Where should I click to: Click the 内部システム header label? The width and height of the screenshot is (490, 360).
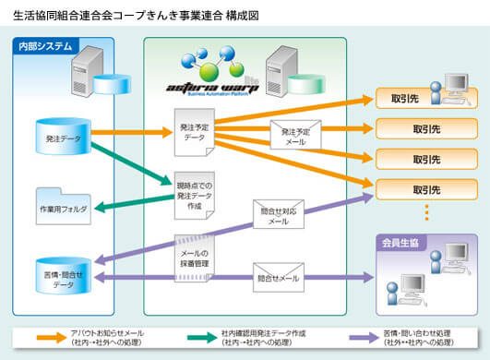click(x=45, y=46)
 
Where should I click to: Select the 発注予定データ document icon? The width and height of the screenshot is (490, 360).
click(x=193, y=132)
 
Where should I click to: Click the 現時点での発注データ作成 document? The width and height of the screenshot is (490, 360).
click(x=194, y=194)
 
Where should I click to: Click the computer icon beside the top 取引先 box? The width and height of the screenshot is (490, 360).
click(x=455, y=87)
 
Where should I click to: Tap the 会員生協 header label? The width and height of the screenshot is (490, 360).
click(x=403, y=243)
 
